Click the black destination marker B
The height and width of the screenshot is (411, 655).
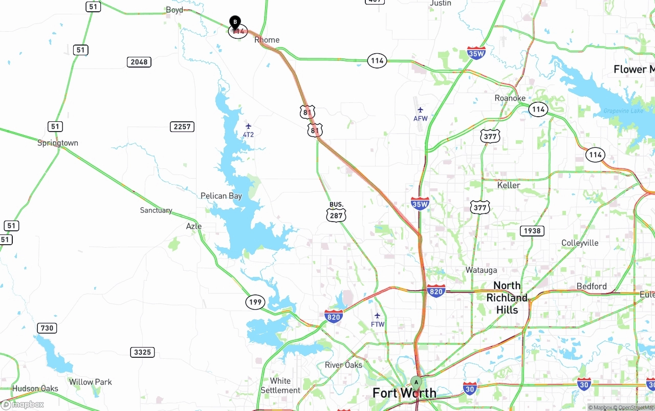235,22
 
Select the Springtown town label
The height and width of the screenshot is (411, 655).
58,143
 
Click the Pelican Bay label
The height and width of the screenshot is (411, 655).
221,196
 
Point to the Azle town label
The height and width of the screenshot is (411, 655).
193,226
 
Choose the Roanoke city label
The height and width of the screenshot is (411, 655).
510,98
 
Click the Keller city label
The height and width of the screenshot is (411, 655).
509,185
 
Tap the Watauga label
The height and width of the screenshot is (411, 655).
481,270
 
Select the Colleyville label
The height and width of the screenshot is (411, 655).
580,243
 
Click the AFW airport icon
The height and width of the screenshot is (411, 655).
420,110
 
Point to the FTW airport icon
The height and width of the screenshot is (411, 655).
377,315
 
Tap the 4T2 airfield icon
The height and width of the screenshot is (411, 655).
248,126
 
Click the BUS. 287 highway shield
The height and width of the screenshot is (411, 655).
336,212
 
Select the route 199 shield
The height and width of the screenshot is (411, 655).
255,302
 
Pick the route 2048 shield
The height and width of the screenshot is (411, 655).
139,62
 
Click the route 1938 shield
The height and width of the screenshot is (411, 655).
532,230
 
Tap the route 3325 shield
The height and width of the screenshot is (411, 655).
142,352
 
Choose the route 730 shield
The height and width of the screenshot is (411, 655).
46,328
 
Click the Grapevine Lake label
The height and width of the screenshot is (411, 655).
623,111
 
